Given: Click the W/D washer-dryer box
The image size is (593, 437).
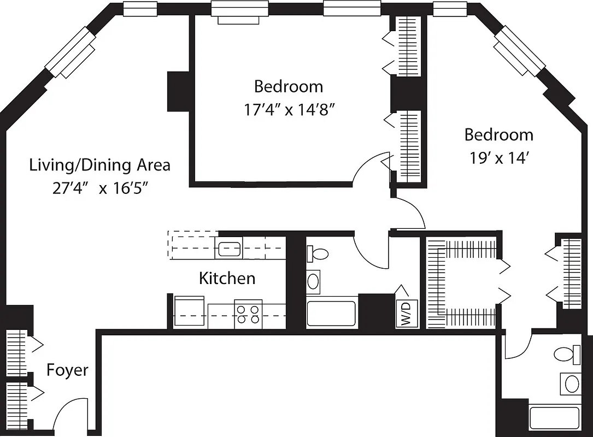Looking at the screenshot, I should click(407, 314).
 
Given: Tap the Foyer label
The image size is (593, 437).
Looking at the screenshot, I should click(67, 370).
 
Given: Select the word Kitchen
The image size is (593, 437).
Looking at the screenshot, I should click(227, 278).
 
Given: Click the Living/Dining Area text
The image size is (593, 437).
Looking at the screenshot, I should click(99, 164).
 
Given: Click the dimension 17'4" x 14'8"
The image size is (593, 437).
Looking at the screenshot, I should click(289, 110).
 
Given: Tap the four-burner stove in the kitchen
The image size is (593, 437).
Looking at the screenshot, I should click(248, 314).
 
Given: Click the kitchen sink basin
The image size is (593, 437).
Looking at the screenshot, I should click(230, 249).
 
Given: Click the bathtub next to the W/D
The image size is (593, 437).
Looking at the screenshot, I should click(331, 313).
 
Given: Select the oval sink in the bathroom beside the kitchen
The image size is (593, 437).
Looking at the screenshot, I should click(314, 281).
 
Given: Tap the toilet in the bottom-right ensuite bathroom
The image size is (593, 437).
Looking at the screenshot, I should click(568, 355).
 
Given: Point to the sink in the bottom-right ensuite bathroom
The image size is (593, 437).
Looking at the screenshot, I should click(572, 383).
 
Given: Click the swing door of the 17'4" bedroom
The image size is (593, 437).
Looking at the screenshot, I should click(372, 169).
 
